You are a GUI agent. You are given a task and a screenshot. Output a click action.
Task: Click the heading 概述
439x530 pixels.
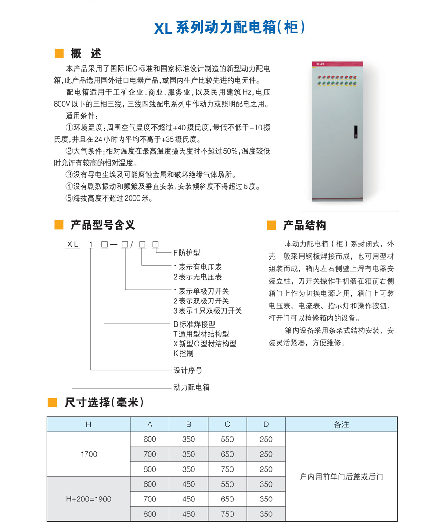(x=86, y=54)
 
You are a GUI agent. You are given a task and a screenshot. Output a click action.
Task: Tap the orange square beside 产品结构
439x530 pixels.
(x=271, y=226)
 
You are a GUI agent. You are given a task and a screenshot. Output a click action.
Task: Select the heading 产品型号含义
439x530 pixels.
(x=103, y=225)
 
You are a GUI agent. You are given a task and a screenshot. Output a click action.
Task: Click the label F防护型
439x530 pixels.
(x=187, y=253)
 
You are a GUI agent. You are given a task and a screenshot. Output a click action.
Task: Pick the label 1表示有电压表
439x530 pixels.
(x=198, y=267)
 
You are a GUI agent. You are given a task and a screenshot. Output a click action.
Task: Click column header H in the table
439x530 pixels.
(x=89, y=424)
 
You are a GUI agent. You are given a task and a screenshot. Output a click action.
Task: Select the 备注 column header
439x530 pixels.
(x=341, y=424)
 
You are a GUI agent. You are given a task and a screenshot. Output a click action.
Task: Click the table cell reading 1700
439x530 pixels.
(x=89, y=454)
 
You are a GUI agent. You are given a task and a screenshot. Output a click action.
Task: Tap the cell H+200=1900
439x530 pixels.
(x=89, y=499)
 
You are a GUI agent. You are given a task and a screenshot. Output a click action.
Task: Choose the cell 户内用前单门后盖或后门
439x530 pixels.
(x=341, y=476)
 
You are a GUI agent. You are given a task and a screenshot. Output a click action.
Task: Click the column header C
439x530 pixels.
(x=227, y=424)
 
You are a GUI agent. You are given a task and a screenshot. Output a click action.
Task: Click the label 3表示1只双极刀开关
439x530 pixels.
(x=208, y=311)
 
